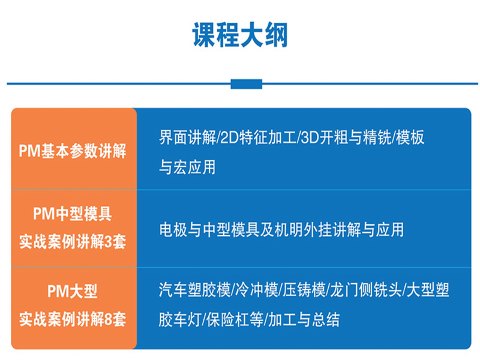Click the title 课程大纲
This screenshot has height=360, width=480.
pyautogui.click(x=240, y=35)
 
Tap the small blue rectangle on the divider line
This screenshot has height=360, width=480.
pyautogui.click(x=247, y=84)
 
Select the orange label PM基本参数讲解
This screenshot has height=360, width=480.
pyautogui.click(x=73, y=151)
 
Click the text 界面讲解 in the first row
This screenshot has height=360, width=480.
pyautogui.click(x=187, y=137)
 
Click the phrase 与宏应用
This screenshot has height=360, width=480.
pyautogui.click(x=187, y=167)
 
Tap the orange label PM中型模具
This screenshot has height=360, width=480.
pyautogui.click(x=73, y=214)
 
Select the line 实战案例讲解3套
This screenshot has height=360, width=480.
pyautogui.click(x=73, y=242)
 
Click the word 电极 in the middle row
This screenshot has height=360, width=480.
pyautogui.click(x=173, y=230)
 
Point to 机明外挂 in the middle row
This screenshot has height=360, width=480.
pyautogui.click(x=303, y=230)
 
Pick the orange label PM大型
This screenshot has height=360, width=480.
pyautogui.click(x=73, y=291)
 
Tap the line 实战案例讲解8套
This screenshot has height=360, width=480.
pyautogui.click(x=73, y=319)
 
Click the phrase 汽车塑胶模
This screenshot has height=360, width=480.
pyautogui.click(x=194, y=290)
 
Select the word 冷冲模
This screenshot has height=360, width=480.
pyautogui.click(x=257, y=290)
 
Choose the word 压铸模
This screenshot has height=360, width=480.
pyautogui.click(x=304, y=290)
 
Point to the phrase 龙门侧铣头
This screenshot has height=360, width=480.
pyautogui.click(x=365, y=290)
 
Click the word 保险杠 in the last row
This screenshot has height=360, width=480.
pyautogui.click(x=228, y=320)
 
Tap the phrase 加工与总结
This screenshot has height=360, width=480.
pyautogui.click(x=304, y=320)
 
